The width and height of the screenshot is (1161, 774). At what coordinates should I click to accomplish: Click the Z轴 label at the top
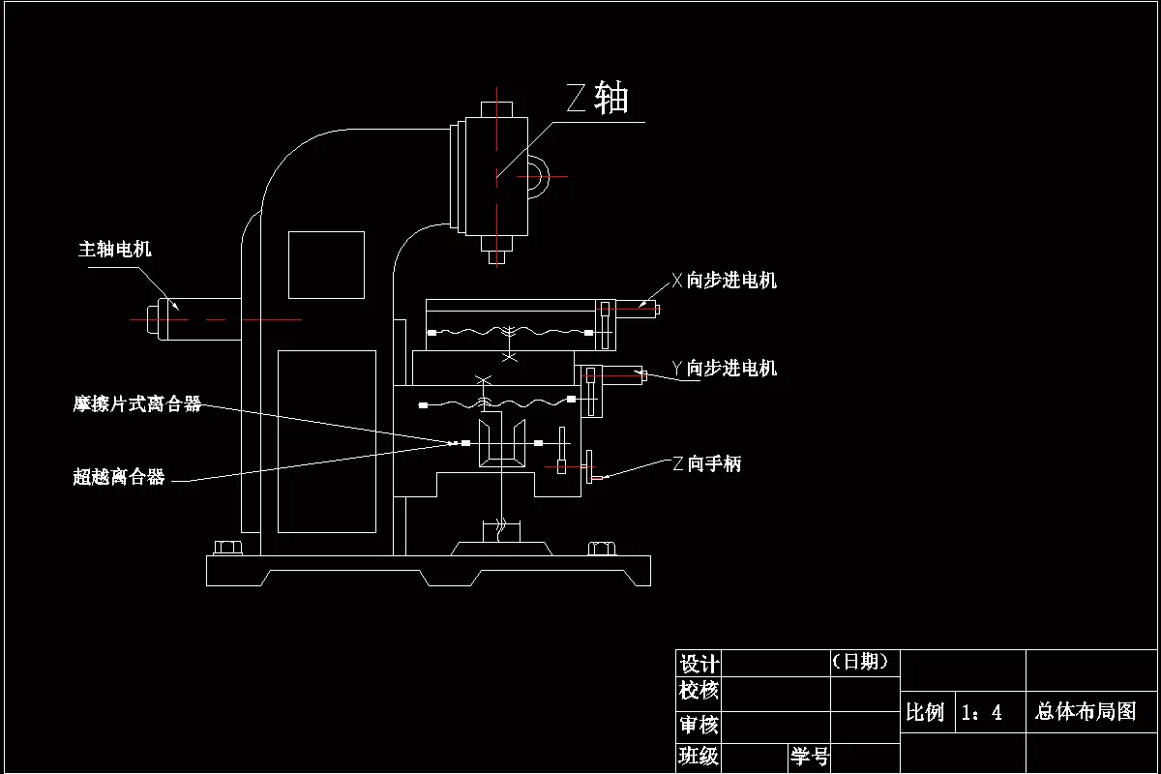597,99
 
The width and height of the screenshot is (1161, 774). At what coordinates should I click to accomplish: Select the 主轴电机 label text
115,250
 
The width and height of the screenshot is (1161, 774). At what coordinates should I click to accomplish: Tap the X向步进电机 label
725,282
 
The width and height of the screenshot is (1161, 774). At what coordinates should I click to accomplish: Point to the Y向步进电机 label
725,369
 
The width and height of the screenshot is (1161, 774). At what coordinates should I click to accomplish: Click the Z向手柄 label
707,464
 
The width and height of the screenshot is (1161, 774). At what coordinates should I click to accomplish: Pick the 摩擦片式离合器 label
137,404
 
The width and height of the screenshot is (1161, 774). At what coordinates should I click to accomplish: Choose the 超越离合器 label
119,477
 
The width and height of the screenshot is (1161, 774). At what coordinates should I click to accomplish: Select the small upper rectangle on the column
326,264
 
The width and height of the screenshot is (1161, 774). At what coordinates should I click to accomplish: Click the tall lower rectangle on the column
326,441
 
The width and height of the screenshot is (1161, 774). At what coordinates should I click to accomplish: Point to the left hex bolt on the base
227,549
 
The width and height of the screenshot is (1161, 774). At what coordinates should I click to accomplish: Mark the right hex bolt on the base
600,549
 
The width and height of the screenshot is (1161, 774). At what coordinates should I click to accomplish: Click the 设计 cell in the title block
699,664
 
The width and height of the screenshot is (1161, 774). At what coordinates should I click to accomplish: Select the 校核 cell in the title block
699,691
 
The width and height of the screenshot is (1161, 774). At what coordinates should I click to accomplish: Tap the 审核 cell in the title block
699,725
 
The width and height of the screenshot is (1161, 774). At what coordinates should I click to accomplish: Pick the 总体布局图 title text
1086,712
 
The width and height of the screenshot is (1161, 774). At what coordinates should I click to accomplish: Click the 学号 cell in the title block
810,757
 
